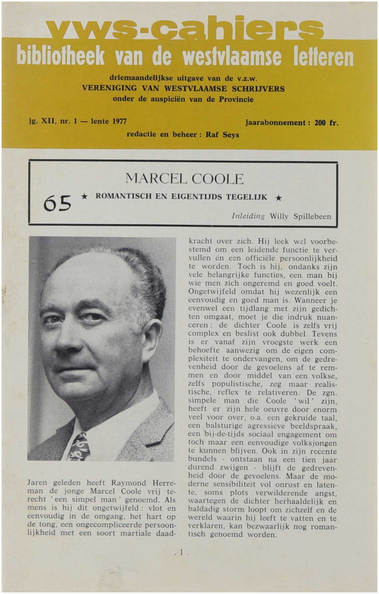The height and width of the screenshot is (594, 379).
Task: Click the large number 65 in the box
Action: click(x=57, y=203)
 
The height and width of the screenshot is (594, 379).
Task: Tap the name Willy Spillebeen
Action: click(x=300, y=216)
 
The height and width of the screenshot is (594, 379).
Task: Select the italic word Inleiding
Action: click(x=248, y=216)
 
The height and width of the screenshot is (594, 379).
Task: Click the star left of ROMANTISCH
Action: click(x=84, y=197)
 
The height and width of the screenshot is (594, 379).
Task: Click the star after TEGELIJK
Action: click(x=279, y=198)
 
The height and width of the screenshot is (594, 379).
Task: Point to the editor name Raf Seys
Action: click(x=222, y=135)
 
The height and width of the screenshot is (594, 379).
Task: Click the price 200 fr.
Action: click(x=326, y=123)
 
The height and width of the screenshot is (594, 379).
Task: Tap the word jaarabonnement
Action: click(x=275, y=123)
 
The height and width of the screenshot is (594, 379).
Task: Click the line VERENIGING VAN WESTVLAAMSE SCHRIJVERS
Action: click(x=183, y=88)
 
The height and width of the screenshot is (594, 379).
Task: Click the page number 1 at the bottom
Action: click(x=181, y=552)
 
